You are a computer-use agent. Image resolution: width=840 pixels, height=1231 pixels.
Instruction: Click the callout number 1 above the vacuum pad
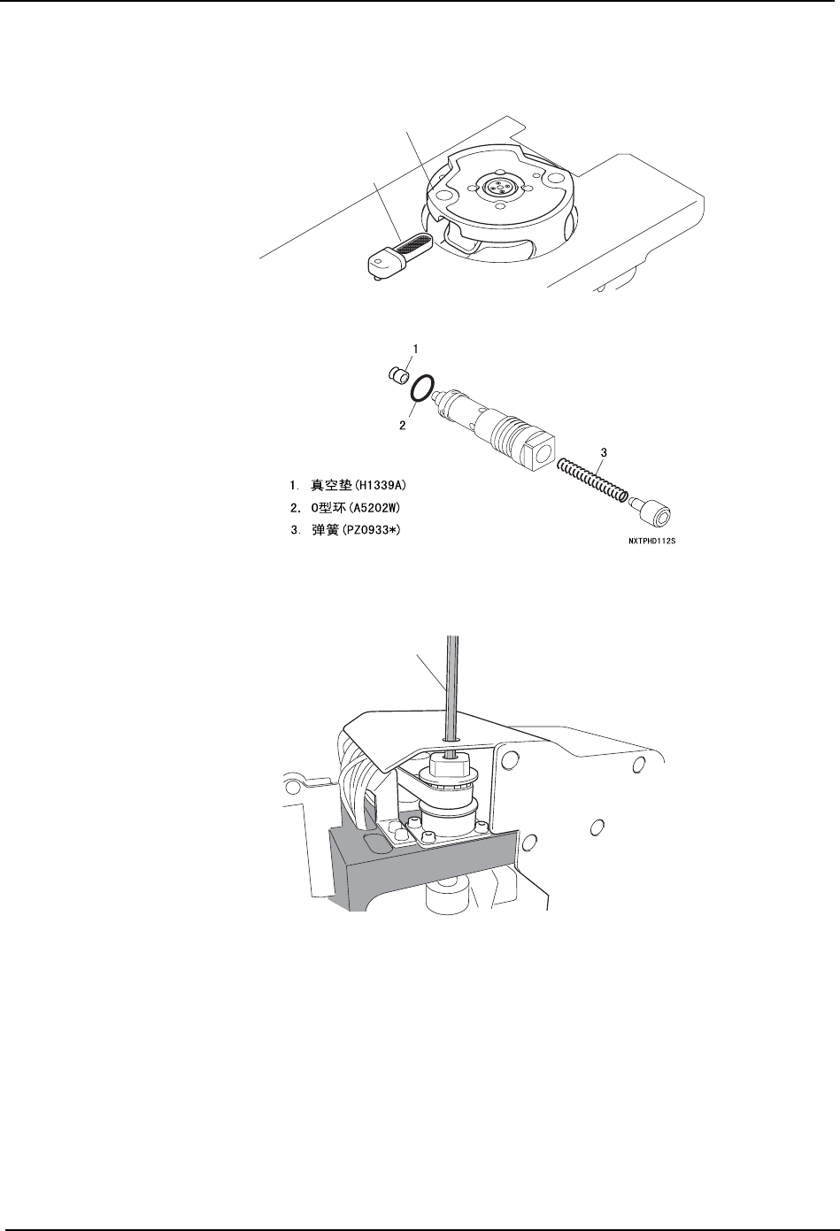416,349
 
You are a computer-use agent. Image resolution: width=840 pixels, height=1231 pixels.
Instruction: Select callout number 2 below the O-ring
403,425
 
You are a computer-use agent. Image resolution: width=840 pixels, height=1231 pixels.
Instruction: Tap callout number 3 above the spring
604,452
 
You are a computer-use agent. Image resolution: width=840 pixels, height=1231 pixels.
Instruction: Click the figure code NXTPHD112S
652,542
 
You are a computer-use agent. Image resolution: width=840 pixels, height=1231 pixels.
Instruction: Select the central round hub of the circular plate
497,187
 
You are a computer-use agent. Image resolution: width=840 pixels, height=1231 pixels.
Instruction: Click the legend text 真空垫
332,486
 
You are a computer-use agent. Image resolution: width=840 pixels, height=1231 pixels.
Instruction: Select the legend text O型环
328,508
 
